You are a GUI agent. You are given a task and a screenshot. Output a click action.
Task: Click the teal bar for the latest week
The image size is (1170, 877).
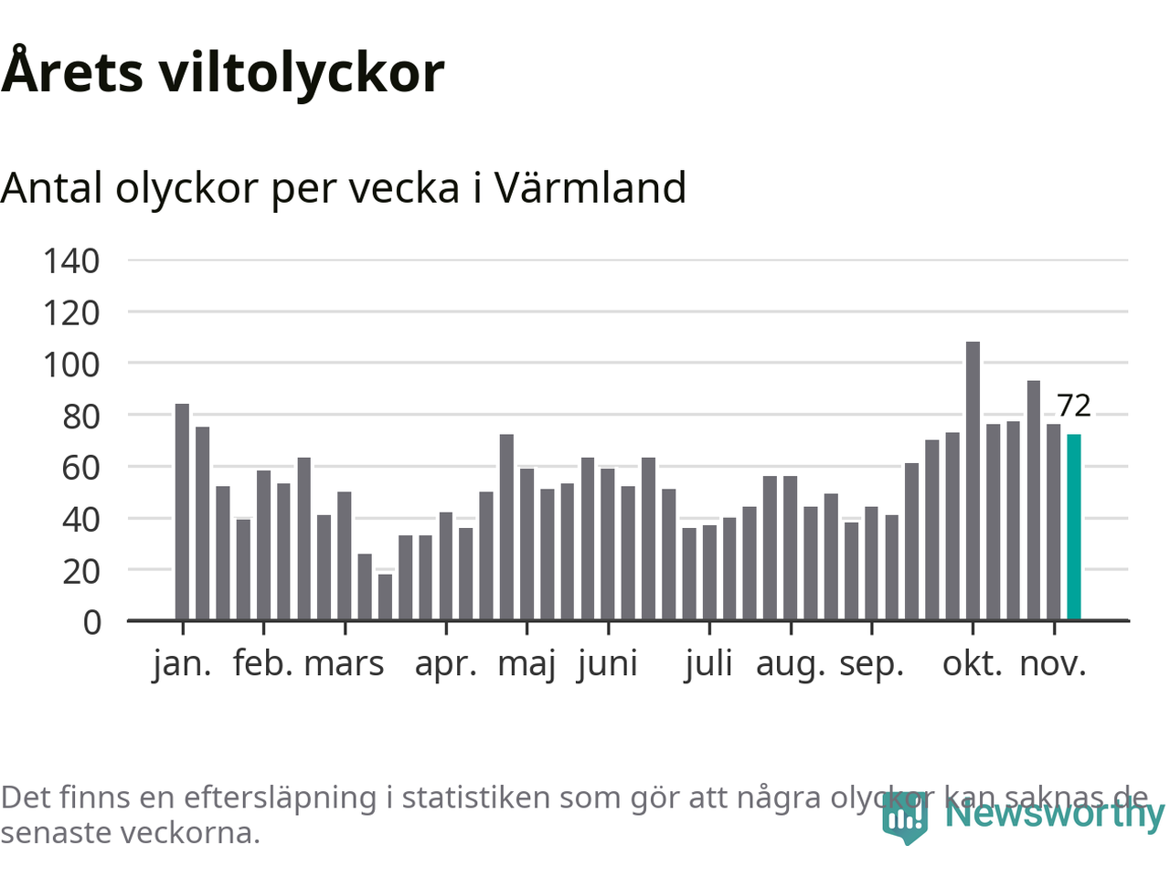point(1074,527)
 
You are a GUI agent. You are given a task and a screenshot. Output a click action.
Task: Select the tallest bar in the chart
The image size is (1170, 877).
point(973,481)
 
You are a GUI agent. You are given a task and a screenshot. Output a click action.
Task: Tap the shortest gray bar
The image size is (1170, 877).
point(385,597)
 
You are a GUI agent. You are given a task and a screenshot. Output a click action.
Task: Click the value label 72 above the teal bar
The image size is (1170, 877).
point(1074,406)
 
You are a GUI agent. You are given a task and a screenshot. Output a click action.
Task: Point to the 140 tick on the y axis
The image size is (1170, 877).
point(71,261)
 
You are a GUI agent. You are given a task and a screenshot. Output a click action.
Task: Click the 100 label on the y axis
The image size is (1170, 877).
point(71,365)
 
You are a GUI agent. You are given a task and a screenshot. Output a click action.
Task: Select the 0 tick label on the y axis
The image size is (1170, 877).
point(91,622)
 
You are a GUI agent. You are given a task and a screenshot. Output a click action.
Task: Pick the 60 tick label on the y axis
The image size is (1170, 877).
point(71,468)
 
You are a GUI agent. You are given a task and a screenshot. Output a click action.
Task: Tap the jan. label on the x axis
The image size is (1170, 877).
point(183,663)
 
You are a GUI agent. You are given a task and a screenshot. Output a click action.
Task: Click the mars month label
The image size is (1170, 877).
point(345,663)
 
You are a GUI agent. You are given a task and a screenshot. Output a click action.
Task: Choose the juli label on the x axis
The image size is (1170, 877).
point(709,663)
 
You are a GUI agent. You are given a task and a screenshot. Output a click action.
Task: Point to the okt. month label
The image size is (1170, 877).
point(972,663)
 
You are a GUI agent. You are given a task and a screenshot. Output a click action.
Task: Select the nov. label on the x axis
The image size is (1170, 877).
point(1053,663)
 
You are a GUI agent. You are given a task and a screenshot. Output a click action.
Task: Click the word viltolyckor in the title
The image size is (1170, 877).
point(303,73)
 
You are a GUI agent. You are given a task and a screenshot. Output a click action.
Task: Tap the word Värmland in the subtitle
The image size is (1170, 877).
point(590,188)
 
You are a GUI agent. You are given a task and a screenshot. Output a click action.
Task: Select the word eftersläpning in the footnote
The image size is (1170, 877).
point(280,798)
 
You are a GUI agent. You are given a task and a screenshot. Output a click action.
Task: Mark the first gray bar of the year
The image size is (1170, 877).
point(182,512)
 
